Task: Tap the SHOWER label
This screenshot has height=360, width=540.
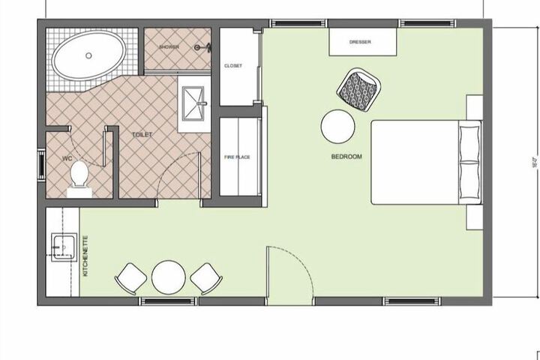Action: (169, 47)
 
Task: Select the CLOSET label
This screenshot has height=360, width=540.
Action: (233, 66)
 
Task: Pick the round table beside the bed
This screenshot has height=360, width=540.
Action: (338, 126)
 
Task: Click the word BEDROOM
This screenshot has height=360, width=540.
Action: (346, 157)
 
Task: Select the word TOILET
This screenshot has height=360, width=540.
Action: (142, 135)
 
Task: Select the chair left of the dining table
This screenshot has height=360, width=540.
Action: (131, 278)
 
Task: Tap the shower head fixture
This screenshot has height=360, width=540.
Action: (200, 47)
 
